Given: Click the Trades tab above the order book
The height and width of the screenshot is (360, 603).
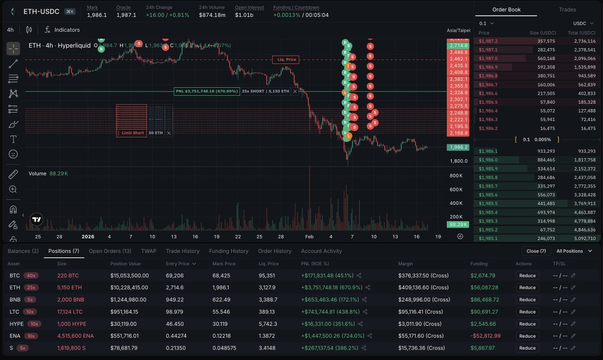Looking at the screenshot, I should tap(567, 10).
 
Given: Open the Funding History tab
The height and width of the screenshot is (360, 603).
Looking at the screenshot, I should tap(229, 251).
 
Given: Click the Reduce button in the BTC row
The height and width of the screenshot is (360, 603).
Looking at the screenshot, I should tap(527, 276).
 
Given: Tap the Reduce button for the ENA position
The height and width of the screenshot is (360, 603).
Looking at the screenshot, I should tap(527, 336).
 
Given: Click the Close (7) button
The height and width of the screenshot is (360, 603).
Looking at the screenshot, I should tap(536, 251).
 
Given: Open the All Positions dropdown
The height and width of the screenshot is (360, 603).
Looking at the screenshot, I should tap(572, 251).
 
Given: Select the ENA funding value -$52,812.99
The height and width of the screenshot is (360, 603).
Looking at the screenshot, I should tap(486, 336).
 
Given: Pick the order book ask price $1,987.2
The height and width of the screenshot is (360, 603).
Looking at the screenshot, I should tap(488, 41).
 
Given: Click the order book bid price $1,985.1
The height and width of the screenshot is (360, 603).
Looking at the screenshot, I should tap(488, 238).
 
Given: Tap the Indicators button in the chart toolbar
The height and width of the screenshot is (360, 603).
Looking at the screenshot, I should tap(62, 30).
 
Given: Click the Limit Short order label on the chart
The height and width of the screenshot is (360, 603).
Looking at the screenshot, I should tap(132, 133).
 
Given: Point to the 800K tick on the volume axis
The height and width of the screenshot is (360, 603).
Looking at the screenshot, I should tap(456, 175).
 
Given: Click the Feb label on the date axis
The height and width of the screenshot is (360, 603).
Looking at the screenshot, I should tap(309, 236).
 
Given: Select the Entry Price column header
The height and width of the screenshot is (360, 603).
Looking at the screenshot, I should tap(178, 263).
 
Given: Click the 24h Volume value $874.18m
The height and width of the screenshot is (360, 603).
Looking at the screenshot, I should tap(212, 15).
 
